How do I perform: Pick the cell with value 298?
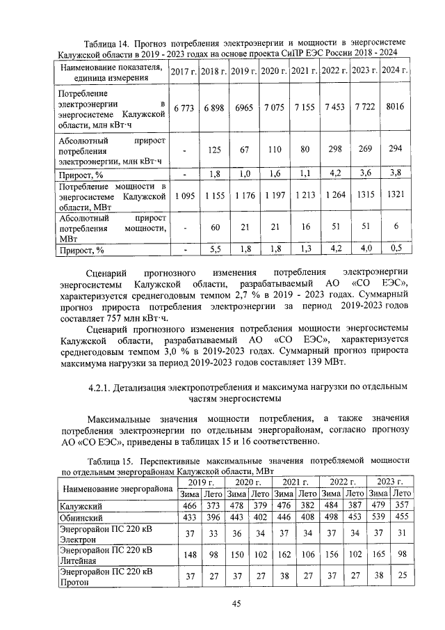coord(334,150)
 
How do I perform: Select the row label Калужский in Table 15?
coord(81,506)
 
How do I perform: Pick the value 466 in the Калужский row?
coord(189,506)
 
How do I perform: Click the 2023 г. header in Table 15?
coord(390,482)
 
